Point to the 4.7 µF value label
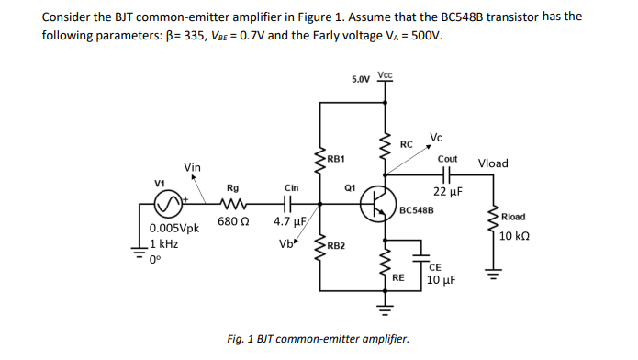click(x=289, y=222)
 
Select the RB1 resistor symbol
click(x=319, y=160)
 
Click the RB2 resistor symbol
click(x=319, y=248)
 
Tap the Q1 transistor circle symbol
click(x=377, y=204)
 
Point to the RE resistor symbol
click(x=386, y=264)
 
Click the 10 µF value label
click(x=442, y=279)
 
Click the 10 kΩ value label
click(x=514, y=235)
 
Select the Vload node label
click(x=494, y=163)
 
